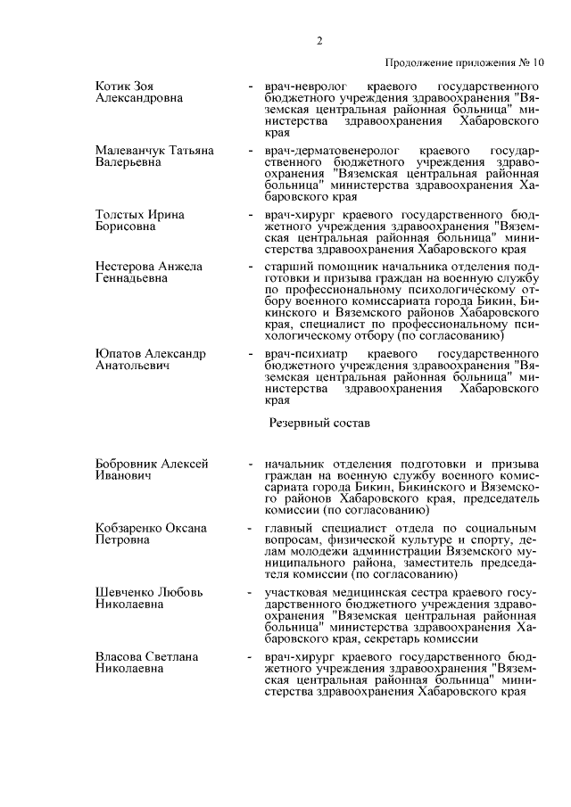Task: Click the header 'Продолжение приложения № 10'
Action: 464,63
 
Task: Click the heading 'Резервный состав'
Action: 319,424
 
